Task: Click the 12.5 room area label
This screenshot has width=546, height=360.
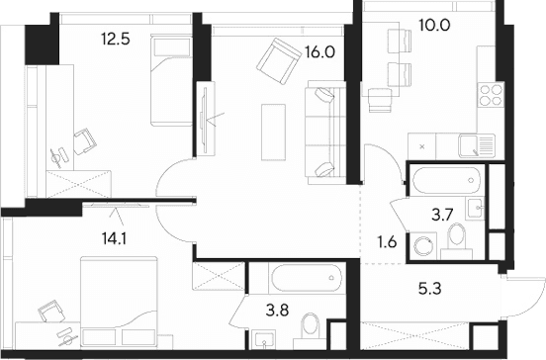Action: [116, 39]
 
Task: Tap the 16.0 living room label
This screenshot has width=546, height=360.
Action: [320, 52]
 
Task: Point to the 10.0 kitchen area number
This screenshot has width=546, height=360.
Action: [434, 25]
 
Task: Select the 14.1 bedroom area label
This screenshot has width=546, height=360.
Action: [114, 238]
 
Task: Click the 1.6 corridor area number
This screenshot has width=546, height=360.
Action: [387, 241]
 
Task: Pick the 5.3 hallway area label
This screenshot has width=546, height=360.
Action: [429, 289]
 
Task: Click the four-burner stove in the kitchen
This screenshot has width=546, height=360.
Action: [491, 95]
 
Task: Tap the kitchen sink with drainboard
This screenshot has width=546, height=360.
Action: [477, 145]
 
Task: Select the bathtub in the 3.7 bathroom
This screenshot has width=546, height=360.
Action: [446, 180]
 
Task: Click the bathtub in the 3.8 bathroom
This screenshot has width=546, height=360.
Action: [307, 278]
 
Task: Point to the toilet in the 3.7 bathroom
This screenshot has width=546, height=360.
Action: [457, 241]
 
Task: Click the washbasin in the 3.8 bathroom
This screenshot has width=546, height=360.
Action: [265, 339]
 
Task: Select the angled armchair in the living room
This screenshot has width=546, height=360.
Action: [279, 61]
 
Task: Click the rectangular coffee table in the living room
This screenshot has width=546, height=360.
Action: [273, 133]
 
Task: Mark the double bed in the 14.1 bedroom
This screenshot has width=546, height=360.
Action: [119, 302]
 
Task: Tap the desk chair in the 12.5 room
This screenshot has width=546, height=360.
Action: [84, 141]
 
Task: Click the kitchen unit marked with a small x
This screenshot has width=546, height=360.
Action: [421, 146]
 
